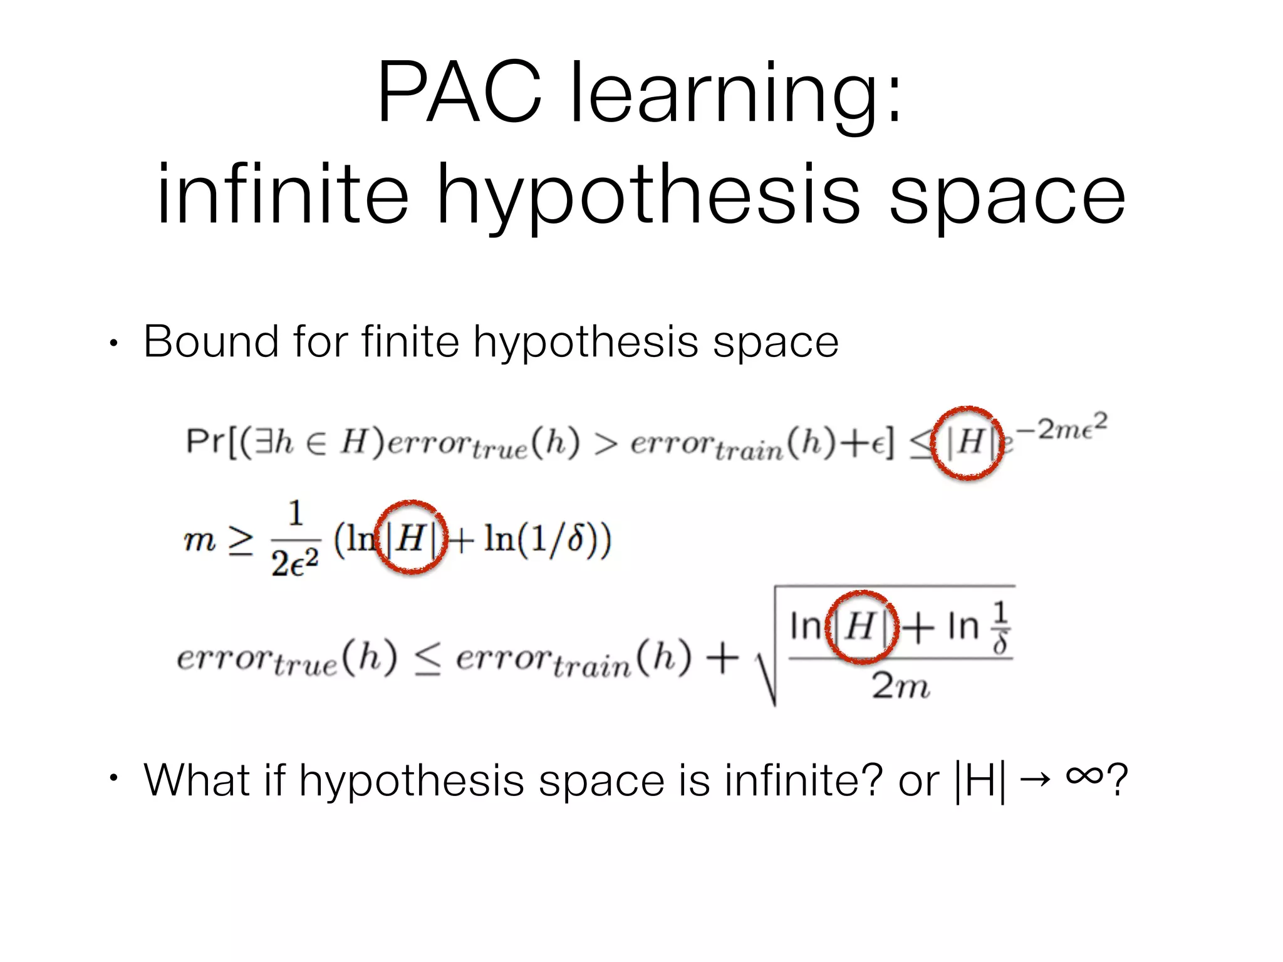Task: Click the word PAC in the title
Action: (x=459, y=92)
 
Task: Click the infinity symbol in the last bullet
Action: (x=1084, y=776)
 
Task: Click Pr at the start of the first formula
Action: (x=205, y=442)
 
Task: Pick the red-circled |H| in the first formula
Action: (x=969, y=443)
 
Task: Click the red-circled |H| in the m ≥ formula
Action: (x=411, y=538)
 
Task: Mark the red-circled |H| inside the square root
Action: (x=862, y=626)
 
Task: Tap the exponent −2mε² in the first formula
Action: (x=1061, y=428)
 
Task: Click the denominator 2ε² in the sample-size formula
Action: (x=295, y=563)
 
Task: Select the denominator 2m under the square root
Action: (x=900, y=685)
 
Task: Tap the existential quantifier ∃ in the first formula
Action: (x=264, y=442)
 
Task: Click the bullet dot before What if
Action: (x=113, y=778)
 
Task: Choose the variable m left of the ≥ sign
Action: (x=200, y=540)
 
